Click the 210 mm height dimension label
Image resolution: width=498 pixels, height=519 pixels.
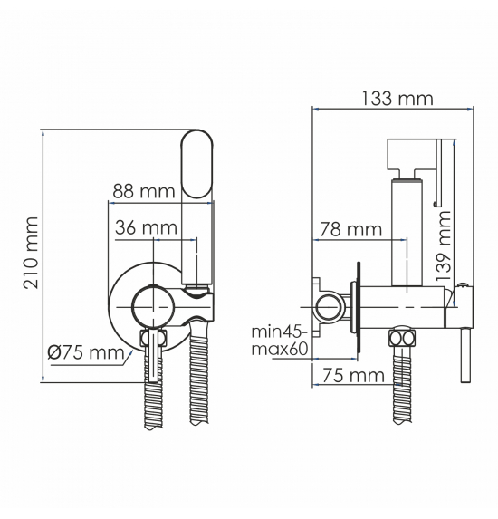pyautogui.click(x=31, y=253)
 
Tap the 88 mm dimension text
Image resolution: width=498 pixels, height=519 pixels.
pyautogui.click(x=144, y=191)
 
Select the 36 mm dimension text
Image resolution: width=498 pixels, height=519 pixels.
pyautogui.click(x=146, y=227)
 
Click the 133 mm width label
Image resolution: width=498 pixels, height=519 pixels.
pyautogui.click(x=397, y=99)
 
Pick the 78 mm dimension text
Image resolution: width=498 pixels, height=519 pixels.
pyautogui.click(x=350, y=229)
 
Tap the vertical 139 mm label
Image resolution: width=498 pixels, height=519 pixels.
pyautogui.click(x=444, y=245)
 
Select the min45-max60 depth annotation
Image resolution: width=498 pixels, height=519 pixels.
pyautogui.click(x=280, y=341)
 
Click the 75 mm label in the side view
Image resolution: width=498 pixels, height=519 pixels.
pyautogui.click(x=353, y=375)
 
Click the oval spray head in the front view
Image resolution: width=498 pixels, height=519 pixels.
pyautogui.click(x=197, y=164)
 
